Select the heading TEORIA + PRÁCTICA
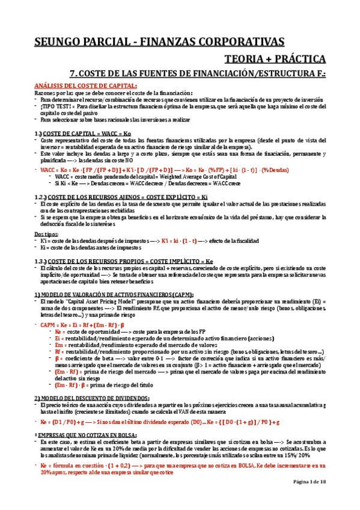(x=275, y=59)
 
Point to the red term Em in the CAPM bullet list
(x=58, y=345)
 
